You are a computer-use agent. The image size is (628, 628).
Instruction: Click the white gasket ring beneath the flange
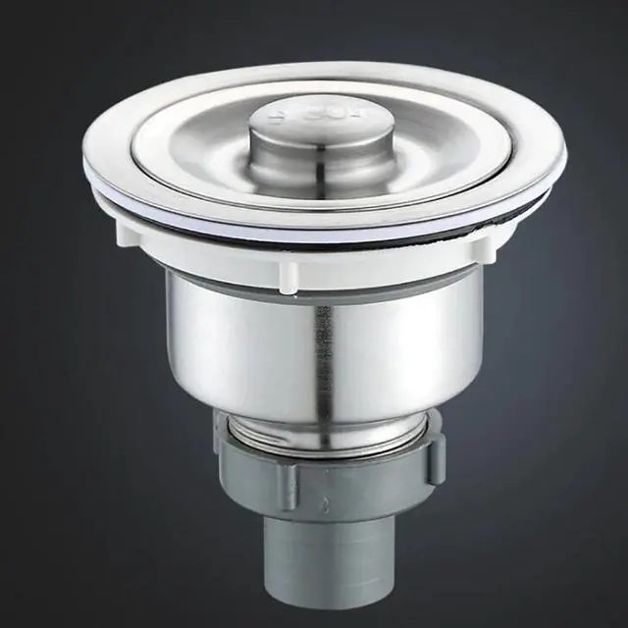click(x=324, y=224)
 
